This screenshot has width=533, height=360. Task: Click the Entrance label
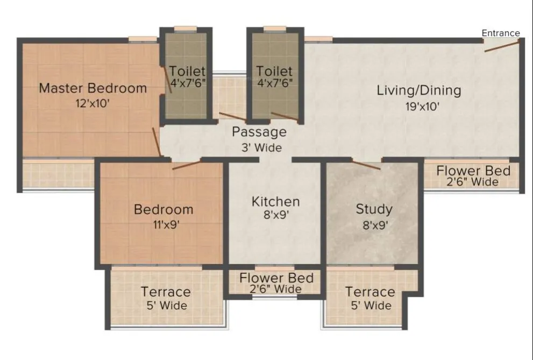click(x=500, y=33)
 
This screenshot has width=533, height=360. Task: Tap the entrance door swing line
click(x=502, y=47)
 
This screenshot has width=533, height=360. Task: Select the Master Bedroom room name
click(x=93, y=88)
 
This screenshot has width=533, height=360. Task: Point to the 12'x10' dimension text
click(x=93, y=104)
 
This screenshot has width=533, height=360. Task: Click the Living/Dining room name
click(x=418, y=90)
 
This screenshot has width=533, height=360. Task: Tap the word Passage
click(x=259, y=132)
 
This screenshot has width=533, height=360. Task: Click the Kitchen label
click(x=276, y=202)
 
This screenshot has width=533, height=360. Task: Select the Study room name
click(x=374, y=209)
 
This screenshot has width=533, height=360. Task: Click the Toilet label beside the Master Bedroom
click(x=187, y=71)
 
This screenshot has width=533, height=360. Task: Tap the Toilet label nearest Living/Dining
click(x=274, y=71)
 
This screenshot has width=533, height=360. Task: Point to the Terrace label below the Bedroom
click(x=166, y=292)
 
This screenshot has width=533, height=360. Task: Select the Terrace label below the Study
click(x=370, y=292)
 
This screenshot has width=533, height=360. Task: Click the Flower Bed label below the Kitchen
click(x=276, y=278)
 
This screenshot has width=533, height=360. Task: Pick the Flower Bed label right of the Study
click(x=473, y=171)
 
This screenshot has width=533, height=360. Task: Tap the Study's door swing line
click(x=366, y=164)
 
